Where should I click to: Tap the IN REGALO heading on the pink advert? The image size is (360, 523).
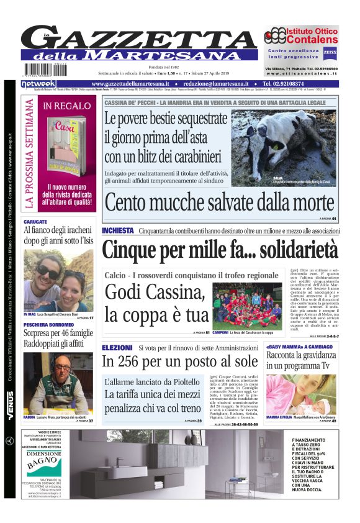point(67,106)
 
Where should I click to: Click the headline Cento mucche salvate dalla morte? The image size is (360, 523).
point(219,202)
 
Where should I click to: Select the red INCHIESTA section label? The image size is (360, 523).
point(118,230)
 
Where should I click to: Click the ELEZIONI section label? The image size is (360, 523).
point(117,348)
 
